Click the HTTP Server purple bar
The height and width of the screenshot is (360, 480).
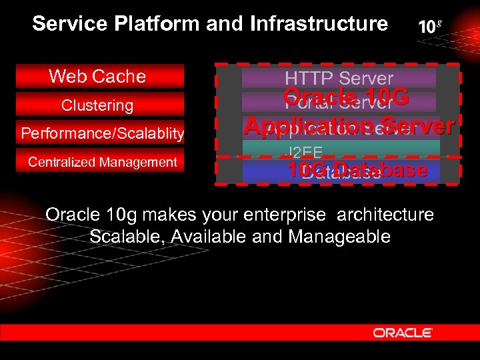pos(339,79)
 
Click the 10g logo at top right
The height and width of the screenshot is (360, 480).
pos(429,27)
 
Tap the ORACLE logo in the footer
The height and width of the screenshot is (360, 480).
pos(403,332)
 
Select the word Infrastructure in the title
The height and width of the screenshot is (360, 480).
pos(319,25)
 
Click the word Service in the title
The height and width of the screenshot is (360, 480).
pos(69,25)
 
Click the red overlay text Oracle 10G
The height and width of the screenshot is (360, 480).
pos(346,97)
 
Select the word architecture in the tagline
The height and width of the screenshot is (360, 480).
pos(385,215)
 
